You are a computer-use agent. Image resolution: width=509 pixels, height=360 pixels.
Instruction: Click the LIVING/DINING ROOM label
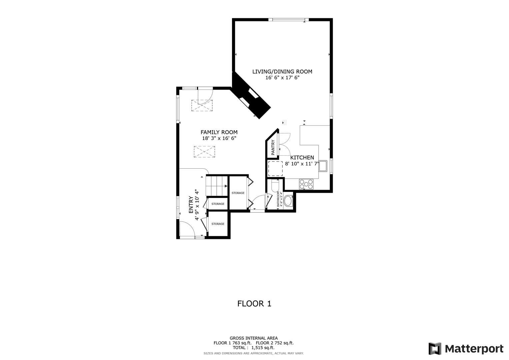pyautogui.click(x=282, y=72)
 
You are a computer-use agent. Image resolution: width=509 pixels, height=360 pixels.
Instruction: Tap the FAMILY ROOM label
pyautogui.click(x=219, y=132)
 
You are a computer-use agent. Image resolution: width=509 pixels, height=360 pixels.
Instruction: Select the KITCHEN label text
pyautogui.click(x=302, y=157)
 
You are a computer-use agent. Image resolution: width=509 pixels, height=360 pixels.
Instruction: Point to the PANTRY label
pyautogui.click(x=273, y=147)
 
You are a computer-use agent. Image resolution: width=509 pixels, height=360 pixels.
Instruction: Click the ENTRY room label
pyautogui.click(x=191, y=205)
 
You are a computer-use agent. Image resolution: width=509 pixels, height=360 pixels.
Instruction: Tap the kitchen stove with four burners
pyautogui.click(x=306, y=184)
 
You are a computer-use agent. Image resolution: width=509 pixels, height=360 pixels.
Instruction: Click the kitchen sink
pyautogui.click(x=323, y=166)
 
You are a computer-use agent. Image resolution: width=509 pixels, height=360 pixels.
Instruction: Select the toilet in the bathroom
pyautogui.click(x=275, y=186)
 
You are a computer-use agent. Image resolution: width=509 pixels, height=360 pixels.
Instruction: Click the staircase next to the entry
pyautogui.click(x=217, y=186)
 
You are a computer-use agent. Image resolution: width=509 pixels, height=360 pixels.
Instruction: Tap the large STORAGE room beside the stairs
pyautogui.click(x=238, y=193)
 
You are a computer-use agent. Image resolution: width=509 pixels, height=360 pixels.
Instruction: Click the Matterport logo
pyautogui.click(x=466, y=349)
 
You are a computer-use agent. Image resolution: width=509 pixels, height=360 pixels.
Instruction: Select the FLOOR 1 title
pyautogui.click(x=254, y=304)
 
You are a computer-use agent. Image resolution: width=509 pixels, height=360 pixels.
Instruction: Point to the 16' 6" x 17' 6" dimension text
pyautogui.click(x=282, y=78)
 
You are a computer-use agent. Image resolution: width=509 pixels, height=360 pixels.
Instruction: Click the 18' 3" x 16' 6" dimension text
pyautogui.click(x=219, y=138)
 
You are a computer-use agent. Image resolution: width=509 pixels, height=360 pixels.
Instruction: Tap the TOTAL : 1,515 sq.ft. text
pyautogui.click(x=254, y=347)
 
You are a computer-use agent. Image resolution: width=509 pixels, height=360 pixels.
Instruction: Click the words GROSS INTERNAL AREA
pyautogui.click(x=254, y=338)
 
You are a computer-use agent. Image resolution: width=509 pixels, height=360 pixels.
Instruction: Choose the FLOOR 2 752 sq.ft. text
pyautogui.click(x=275, y=343)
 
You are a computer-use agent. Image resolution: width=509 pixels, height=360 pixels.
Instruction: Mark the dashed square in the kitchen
pyautogui.click(x=275, y=168)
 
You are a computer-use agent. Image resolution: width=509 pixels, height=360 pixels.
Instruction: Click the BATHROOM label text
pyautogui.click(x=278, y=199)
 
